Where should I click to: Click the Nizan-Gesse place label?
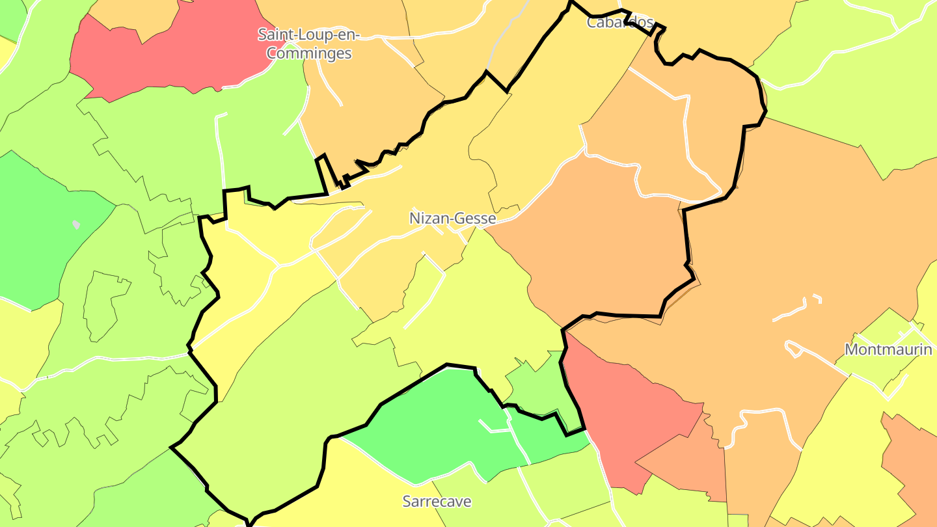(x=452, y=219)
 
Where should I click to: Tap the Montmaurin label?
(x=888, y=349)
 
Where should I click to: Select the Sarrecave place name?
(x=437, y=502)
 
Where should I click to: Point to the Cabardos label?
(x=619, y=22)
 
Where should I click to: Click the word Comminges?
(x=309, y=53)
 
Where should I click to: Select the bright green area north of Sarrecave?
(x=429, y=423)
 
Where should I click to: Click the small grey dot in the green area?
(x=76, y=224)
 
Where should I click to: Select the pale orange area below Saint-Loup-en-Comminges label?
(x=364, y=98)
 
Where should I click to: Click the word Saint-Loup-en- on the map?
(x=308, y=34)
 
